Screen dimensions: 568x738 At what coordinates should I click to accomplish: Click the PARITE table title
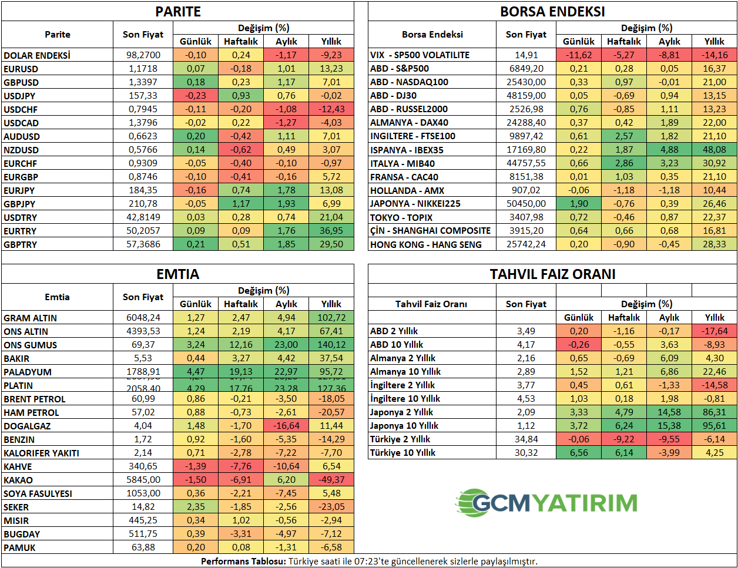[178, 12]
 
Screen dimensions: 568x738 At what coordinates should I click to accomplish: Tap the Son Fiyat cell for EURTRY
[143, 231]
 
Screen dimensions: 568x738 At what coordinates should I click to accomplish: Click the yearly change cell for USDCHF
[331, 109]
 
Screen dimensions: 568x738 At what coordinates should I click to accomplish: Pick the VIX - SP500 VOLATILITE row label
[420, 55]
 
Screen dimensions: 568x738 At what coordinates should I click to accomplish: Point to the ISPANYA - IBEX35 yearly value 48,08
[714, 150]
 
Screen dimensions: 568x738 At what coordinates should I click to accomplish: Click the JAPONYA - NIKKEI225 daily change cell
[579, 204]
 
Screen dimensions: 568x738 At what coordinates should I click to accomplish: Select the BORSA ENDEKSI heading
[552, 12]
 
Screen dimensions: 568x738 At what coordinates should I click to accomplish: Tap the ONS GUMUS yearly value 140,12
[331, 345]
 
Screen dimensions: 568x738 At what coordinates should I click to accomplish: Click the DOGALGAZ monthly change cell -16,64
[286, 426]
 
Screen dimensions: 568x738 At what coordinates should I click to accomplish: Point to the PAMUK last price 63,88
[143, 547]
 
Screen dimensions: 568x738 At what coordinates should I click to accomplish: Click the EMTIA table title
[178, 274]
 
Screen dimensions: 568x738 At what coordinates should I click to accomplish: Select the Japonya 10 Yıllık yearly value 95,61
[714, 426]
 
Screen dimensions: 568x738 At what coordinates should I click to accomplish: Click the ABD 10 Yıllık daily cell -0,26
[579, 345]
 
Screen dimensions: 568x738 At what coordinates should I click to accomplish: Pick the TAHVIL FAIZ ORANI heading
[552, 274]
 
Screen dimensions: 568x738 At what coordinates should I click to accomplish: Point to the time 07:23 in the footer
[366, 562]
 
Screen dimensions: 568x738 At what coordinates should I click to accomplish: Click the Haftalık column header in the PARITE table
[241, 42]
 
